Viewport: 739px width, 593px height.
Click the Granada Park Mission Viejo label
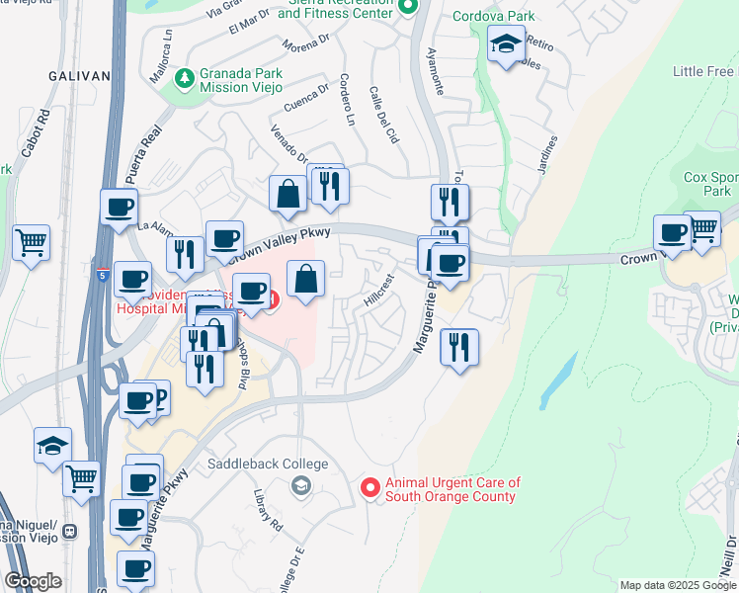(241, 80)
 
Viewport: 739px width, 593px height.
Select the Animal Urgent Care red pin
(369, 487)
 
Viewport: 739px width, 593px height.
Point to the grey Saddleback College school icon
(300, 485)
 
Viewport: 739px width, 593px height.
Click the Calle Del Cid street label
(383, 116)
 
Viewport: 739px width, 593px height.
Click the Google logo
(33, 581)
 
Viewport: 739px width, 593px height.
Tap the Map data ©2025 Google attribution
(677, 585)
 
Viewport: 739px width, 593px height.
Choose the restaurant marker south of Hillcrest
(460, 348)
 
